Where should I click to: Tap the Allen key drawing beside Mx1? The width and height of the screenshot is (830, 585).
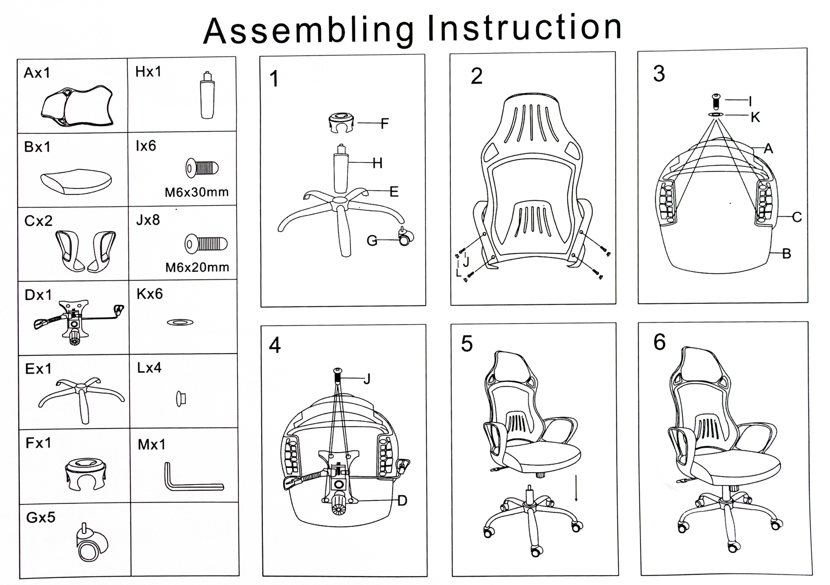pos(191,479)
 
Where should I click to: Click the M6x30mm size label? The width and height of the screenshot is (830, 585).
pos(196,193)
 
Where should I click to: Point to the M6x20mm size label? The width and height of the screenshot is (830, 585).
pos(197,267)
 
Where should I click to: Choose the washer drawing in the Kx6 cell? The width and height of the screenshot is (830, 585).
pos(180,322)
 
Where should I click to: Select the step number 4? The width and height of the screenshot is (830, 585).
pos(275,345)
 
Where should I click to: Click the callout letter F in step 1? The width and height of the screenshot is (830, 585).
pos(385,123)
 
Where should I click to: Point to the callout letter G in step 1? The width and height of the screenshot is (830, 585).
pos(372,241)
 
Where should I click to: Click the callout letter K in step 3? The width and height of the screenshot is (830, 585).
pos(755,117)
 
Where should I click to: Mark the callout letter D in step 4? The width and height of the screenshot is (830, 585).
pos(402,501)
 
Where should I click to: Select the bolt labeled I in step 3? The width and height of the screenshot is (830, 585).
pos(716,101)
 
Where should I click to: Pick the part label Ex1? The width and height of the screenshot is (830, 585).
pos(38,369)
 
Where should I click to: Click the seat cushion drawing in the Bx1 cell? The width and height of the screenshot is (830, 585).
pos(76,181)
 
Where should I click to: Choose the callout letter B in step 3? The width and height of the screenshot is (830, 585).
pos(786,254)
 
